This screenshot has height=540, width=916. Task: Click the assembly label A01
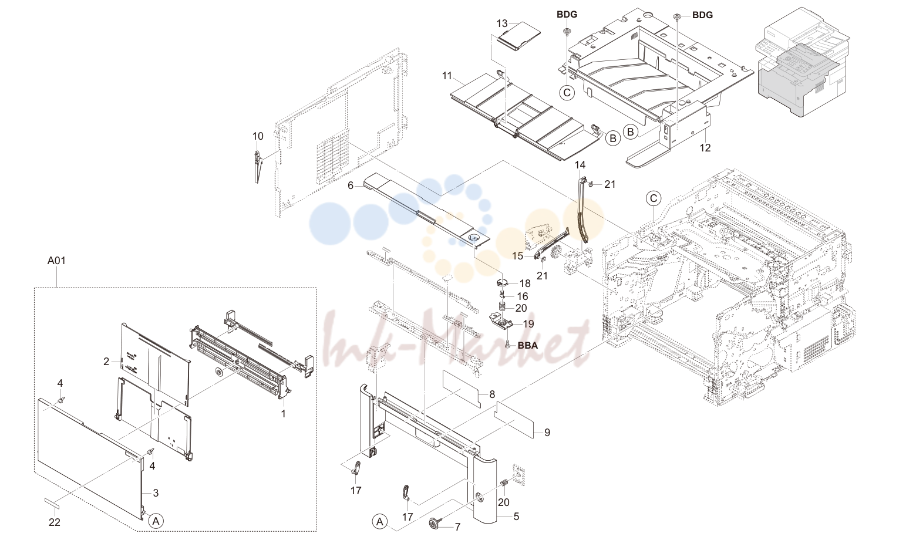pos(56,261)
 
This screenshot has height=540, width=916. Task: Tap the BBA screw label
pos(527,345)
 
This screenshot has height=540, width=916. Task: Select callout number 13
pos(502,23)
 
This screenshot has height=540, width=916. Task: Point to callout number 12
pos(705,148)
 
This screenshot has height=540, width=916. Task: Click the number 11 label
pos(447,76)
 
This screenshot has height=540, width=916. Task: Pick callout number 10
pos(258,136)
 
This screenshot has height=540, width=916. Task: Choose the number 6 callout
pos(351,185)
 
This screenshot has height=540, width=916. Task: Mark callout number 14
pos(580,165)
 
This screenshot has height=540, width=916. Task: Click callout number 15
pos(518,256)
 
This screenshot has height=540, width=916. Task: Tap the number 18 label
pos(525,283)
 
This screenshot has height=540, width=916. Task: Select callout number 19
pos(528,324)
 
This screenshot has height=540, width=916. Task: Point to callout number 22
pos(55,522)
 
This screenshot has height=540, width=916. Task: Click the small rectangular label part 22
pos(52,502)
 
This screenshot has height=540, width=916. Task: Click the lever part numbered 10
pos(258,166)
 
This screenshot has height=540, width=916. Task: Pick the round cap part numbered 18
pos(503,282)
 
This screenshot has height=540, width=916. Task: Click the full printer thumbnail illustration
pos(802,61)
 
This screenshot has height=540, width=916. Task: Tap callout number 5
pos(517,517)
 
